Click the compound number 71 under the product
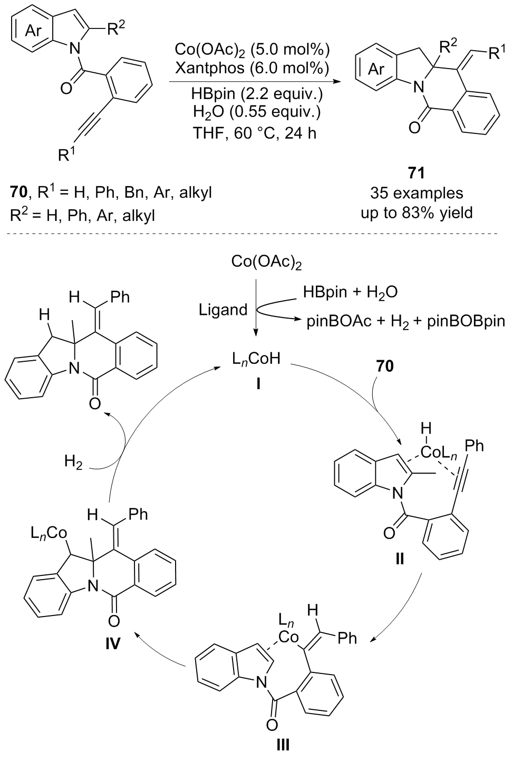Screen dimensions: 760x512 coord(415,173)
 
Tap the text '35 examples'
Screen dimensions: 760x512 coord(415,194)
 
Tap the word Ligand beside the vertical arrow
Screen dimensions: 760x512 coord(223,310)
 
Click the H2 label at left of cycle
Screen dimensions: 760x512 coord(74,463)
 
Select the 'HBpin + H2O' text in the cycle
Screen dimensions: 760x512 coord(350,292)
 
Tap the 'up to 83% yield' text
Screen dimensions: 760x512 coord(415,213)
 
